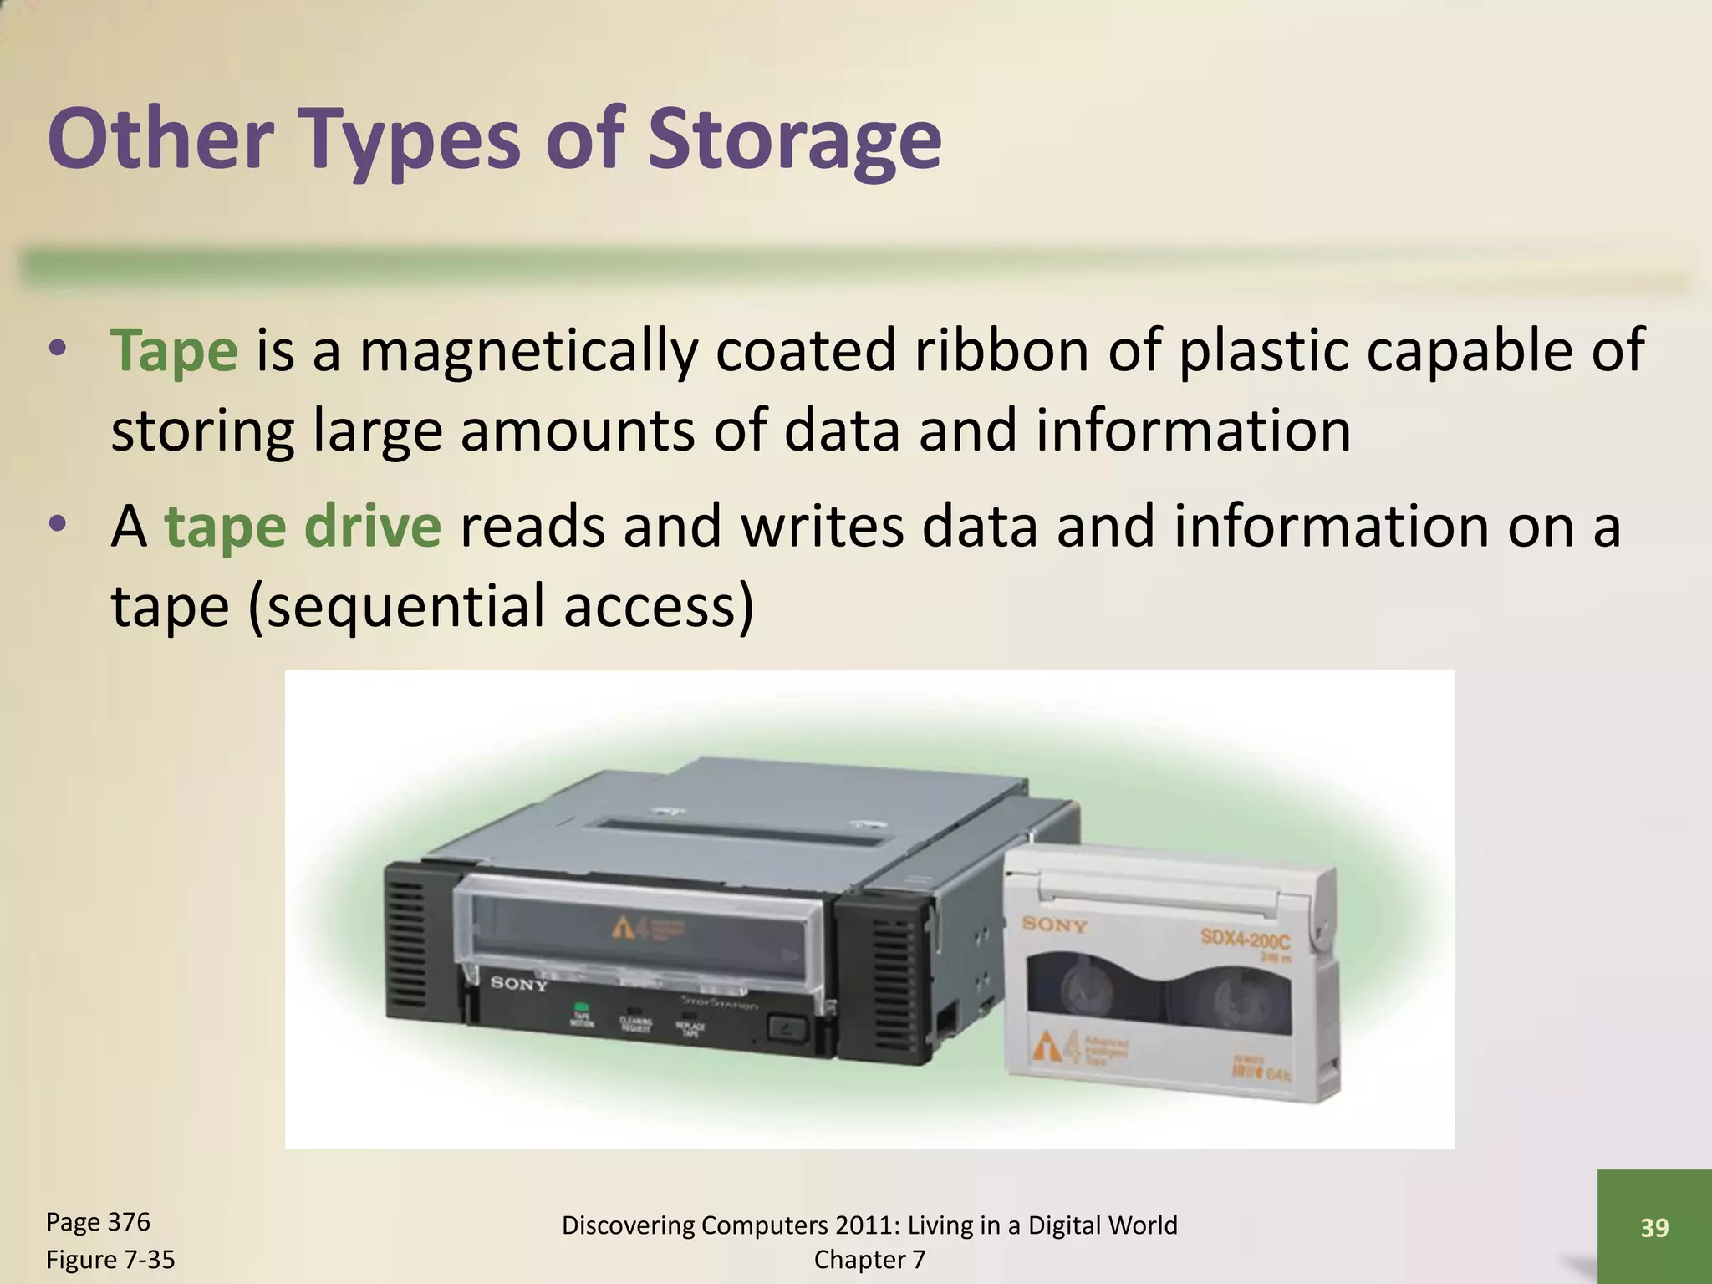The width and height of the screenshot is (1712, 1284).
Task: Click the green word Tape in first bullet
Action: click(175, 351)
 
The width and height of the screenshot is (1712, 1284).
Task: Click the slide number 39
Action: click(1654, 1227)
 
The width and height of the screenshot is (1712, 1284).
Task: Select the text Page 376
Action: click(98, 1222)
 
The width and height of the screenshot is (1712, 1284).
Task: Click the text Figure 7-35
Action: click(110, 1259)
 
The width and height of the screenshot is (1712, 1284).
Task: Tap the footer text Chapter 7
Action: click(869, 1259)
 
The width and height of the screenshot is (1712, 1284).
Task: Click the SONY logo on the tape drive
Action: click(518, 984)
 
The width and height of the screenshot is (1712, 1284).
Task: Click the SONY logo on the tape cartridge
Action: click(1055, 925)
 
